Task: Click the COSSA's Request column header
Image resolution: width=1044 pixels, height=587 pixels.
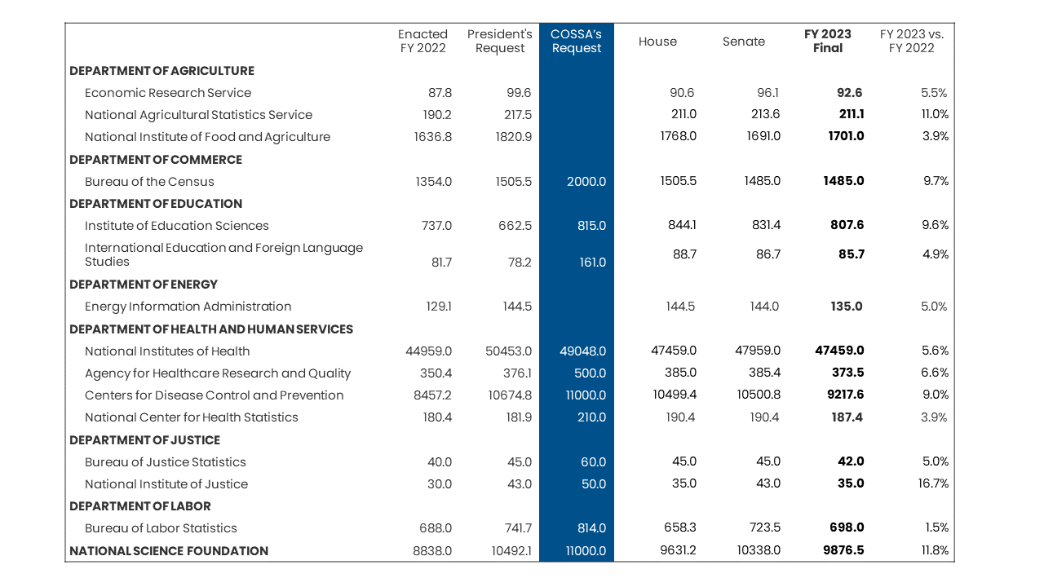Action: click(576, 41)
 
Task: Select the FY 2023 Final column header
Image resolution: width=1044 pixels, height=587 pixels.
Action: click(828, 41)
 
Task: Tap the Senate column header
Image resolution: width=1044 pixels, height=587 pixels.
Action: click(743, 42)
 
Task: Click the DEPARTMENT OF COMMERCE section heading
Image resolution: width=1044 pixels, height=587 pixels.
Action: click(156, 159)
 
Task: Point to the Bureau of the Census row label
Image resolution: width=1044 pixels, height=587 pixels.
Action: click(149, 181)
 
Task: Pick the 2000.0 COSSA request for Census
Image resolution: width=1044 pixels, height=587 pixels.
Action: click(586, 181)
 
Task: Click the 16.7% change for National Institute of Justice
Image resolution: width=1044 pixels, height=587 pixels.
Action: click(933, 483)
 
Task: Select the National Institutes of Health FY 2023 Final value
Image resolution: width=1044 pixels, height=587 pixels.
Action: click(839, 351)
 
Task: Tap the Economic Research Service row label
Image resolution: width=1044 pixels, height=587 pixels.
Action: click(168, 93)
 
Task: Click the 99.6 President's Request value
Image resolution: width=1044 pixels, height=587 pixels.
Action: click(519, 93)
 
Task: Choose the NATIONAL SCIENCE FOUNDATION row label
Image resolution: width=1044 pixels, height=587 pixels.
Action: click(169, 550)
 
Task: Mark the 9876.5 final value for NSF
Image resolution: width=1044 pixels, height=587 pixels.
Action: click(843, 550)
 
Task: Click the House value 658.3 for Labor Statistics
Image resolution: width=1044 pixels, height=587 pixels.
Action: click(680, 527)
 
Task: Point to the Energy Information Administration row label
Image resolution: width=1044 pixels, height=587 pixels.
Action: click(188, 306)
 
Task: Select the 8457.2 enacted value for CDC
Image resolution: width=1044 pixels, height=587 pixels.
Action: click(432, 395)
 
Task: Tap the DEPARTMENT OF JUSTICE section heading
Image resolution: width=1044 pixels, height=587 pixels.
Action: click(144, 439)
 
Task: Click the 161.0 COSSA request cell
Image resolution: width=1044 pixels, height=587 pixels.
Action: click(592, 263)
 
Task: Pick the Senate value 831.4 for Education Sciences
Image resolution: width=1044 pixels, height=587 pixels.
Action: click(766, 225)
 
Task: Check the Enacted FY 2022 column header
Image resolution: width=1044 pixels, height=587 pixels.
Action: click(422, 41)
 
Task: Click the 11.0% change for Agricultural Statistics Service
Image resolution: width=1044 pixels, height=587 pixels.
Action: click(935, 114)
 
